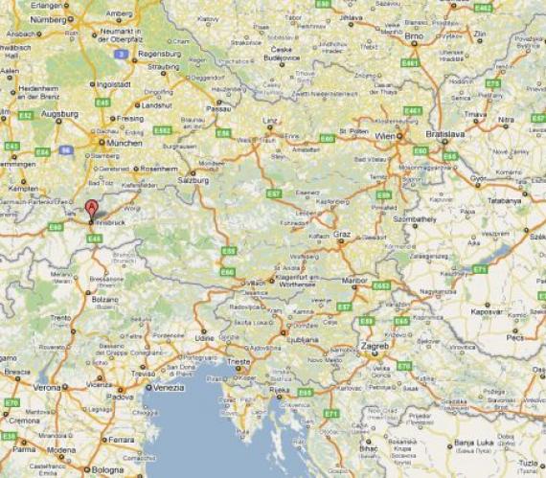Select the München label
(x=125, y=143)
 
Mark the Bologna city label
(x=108, y=469)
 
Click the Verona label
(x=46, y=388)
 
